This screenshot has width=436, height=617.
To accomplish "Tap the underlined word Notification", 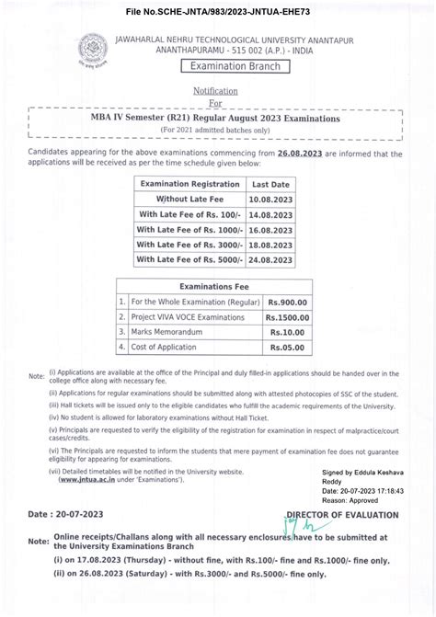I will coord(215,91).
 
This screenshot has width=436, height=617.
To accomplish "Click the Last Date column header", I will coord(270,184).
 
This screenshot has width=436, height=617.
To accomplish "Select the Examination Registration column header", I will coord(188,184).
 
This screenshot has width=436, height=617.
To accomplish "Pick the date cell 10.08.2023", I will coord(270,199).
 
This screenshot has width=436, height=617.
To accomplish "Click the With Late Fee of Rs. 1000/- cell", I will coord(188,229).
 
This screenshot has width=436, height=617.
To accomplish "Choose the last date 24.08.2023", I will coord(270,259).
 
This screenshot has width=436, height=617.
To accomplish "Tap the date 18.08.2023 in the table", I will coord(270,245).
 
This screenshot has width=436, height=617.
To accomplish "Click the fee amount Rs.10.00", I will coord(288,333).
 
